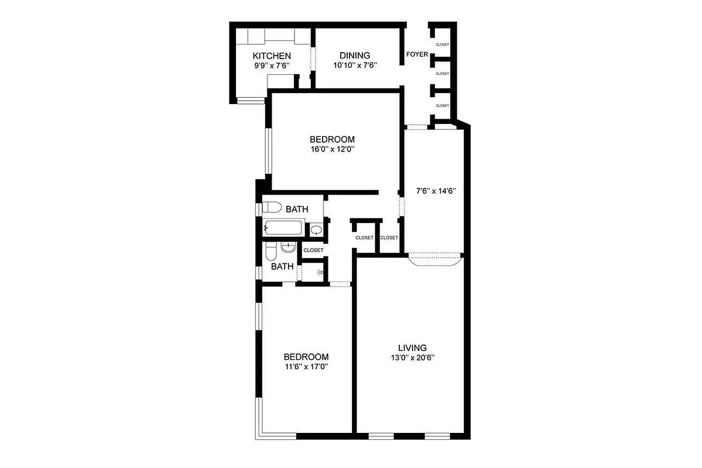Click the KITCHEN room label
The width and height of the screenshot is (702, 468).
pos(272,56)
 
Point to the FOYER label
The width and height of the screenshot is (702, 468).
pos(417,55)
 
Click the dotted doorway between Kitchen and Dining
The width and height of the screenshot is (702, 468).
pos(313,58)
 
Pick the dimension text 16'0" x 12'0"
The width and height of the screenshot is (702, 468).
pos(332,149)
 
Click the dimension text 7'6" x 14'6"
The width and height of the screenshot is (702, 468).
pos(436,191)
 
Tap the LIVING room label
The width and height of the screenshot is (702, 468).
pos(412,347)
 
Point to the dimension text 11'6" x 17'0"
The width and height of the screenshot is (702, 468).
pos(306,367)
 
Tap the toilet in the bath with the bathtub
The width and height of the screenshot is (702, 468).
pos(272,207)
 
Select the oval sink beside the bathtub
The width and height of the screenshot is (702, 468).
pos(316,230)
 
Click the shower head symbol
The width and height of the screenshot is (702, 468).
pos(319,272)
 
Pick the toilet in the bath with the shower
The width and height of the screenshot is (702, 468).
pos(270,252)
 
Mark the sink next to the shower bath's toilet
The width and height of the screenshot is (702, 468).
pos(287,247)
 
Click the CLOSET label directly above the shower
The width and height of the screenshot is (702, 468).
pos(313,250)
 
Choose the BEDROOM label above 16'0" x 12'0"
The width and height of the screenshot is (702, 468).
pos(332,139)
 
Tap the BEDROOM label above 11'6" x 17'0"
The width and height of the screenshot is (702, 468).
pos(306,357)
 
